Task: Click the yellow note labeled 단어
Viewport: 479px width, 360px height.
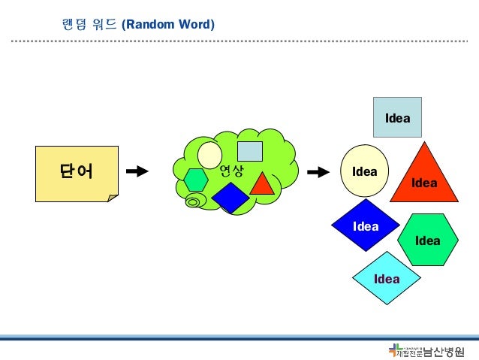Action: (x=77, y=173)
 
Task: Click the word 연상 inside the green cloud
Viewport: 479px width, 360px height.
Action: (x=232, y=171)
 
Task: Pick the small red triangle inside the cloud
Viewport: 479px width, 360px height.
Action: (x=262, y=185)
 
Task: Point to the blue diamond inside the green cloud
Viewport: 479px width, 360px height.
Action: (x=230, y=198)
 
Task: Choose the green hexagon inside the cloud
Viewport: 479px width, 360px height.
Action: (x=196, y=180)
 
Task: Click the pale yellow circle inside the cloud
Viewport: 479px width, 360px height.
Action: (x=209, y=155)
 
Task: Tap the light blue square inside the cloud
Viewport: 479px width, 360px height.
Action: (x=249, y=151)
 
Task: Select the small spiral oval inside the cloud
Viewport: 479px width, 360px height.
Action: (x=195, y=201)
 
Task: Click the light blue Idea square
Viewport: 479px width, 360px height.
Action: (x=397, y=117)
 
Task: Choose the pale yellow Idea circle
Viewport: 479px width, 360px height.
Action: (x=364, y=171)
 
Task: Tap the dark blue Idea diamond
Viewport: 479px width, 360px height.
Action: (x=366, y=225)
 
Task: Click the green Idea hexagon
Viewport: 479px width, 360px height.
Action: (x=427, y=240)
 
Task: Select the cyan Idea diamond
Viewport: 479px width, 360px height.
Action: (x=387, y=278)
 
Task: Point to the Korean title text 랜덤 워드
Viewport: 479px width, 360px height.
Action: (x=87, y=25)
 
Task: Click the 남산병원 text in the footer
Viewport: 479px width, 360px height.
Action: (x=444, y=351)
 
